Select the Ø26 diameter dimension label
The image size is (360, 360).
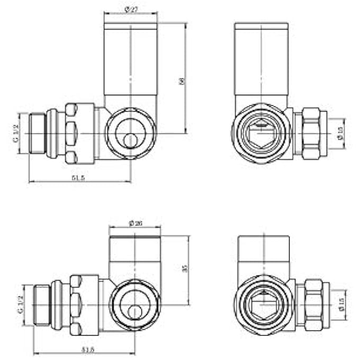135,223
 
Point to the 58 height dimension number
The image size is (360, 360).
182,81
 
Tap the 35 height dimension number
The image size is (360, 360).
184,269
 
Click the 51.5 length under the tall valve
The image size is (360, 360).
78,178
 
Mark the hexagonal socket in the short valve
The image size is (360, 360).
264,305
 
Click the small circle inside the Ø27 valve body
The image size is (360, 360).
129,140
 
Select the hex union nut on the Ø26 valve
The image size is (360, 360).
77,305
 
